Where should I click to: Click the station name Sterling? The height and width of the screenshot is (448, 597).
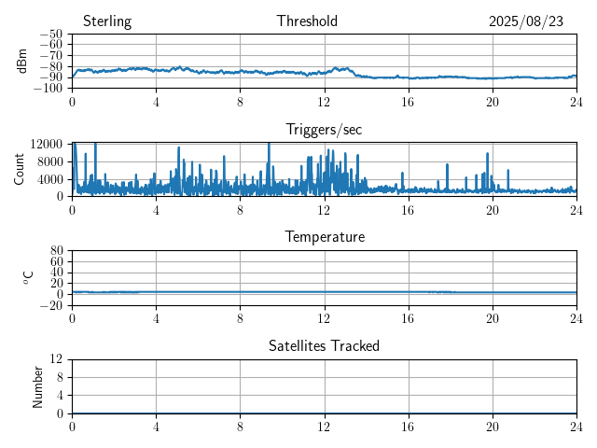tap(106, 21)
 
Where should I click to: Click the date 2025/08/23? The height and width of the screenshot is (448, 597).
tap(526, 21)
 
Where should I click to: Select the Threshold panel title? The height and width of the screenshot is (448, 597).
tap(307, 21)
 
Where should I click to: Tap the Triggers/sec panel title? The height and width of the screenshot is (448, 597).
tap(324, 130)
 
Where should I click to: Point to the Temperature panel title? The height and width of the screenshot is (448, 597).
tap(324, 237)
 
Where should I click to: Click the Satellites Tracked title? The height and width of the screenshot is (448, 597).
tap(324, 346)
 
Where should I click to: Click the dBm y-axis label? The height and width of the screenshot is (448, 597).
tap(22, 61)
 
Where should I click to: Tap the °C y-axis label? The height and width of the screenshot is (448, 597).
tap(28, 277)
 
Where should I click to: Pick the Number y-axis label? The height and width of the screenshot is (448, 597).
tap(38, 385)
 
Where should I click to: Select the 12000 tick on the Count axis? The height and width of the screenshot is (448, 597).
tap(47, 143)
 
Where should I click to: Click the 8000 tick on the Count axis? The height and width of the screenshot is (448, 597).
tap(50, 161)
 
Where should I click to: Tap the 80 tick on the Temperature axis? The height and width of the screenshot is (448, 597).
tap(57, 251)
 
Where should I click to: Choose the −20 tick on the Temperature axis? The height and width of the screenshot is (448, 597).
tap(51, 305)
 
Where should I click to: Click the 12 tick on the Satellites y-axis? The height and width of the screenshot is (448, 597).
tap(57, 359)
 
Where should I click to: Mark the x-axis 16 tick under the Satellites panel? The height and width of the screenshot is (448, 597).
tap(409, 426)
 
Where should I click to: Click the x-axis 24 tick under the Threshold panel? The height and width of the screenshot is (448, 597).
tap(576, 101)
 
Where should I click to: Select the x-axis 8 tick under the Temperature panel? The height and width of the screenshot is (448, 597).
tap(240, 317)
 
